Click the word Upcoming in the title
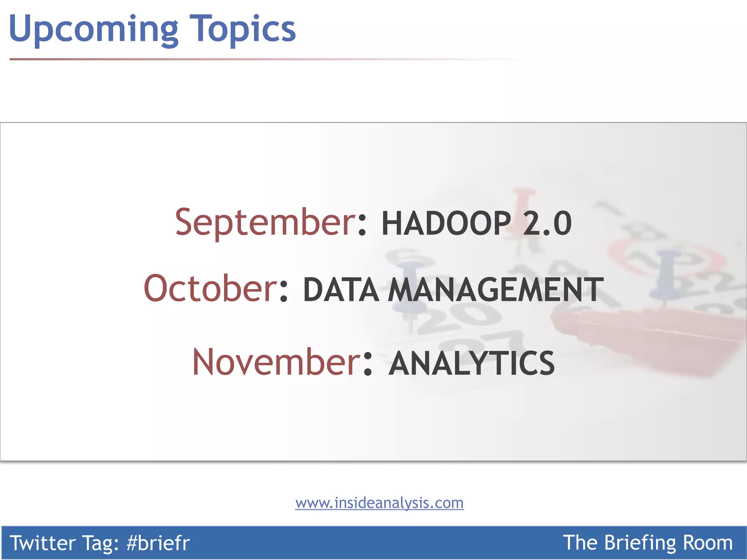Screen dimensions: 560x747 (x=93, y=29)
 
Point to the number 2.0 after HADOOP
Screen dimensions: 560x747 (x=547, y=223)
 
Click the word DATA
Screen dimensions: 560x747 (x=341, y=290)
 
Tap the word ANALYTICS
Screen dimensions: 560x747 (x=472, y=363)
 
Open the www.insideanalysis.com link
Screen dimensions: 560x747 (x=379, y=503)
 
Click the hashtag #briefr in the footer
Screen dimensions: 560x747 (x=158, y=543)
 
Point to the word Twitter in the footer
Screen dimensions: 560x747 (x=42, y=543)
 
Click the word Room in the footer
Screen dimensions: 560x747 (x=708, y=543)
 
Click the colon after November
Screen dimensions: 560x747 (x=368, y=365)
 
